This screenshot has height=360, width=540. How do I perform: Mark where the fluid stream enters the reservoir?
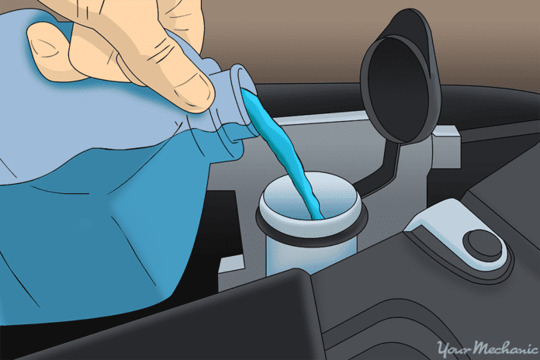click(x=314, y=213)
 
